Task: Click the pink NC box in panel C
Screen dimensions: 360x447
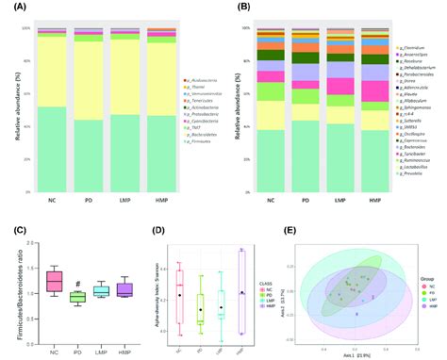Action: coord(55,281)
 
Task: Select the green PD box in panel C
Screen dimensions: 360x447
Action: coord(78,297)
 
